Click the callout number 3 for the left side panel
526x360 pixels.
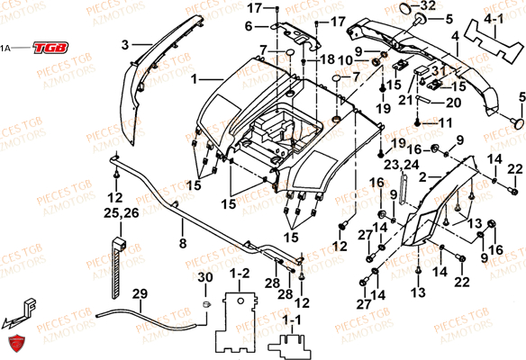(x=125, y=42)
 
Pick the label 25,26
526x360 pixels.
(x=115, y=214)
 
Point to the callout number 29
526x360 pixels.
(x=139, y=293)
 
